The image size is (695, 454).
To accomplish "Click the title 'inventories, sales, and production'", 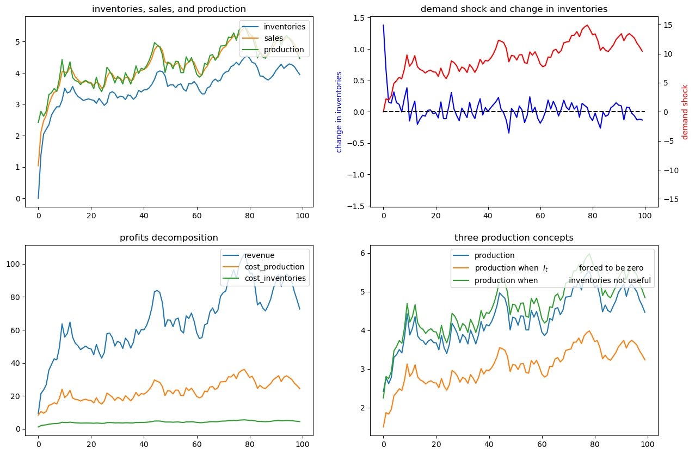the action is point(169,9).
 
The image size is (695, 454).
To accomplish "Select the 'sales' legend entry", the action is point(273,38).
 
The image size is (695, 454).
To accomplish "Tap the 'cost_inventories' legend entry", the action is point(275,278).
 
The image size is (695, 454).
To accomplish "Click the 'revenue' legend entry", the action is point(260,255).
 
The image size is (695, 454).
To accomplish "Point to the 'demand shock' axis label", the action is point(685,112).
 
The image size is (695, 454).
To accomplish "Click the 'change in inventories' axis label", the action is point(339,112).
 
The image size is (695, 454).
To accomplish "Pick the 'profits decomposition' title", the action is point(169,238).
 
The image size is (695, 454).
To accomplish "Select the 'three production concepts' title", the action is point(514,238).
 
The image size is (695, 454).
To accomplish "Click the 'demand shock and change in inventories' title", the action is point(514,9).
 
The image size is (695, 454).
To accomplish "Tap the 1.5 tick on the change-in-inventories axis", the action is point(359,19).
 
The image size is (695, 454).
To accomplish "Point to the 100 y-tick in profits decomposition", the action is point(13,264).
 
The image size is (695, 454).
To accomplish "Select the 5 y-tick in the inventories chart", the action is point(18,42).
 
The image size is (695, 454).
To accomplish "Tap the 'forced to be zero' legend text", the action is point(611,268).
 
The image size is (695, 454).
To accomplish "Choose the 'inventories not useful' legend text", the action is point(610,280).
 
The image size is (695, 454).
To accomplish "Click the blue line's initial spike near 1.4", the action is point(384,25).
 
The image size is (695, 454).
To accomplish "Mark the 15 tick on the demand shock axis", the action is point(667,25).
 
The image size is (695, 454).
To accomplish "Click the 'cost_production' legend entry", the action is point(274,267).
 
